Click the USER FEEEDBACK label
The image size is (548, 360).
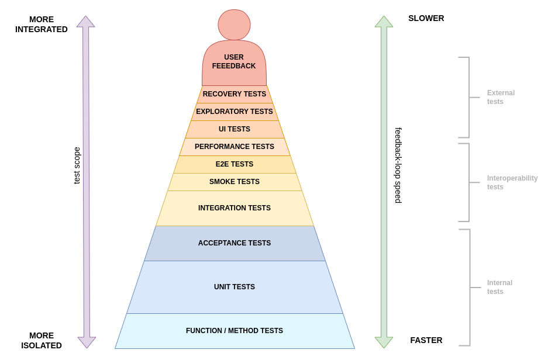click(234, 62)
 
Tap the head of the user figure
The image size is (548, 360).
click(234, 25)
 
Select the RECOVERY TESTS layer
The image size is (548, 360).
click(234, 94)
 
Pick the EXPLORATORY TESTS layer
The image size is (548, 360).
click(234, 112)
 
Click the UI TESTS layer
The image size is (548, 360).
click(234, 129)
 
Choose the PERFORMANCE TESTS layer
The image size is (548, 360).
click(234, 147)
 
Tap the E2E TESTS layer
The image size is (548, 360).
click(234, 164)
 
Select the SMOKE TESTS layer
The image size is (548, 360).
click(234, 182)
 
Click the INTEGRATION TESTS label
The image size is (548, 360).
click(234, 208)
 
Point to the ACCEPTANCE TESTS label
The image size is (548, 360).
click(234, 243)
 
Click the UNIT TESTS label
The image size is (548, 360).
click(234, 287)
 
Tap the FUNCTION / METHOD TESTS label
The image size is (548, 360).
click(234, 331)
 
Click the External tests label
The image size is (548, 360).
click(501, 97)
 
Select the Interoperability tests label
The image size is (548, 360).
click(512, 182)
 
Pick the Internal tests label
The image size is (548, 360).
click(499, 287)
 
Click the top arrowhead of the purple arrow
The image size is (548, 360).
click(86, 22)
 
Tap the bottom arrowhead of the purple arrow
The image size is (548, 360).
click(87, 342)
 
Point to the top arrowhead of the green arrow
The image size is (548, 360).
click(384, 22)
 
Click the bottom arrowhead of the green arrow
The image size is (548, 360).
click(384, 342)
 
